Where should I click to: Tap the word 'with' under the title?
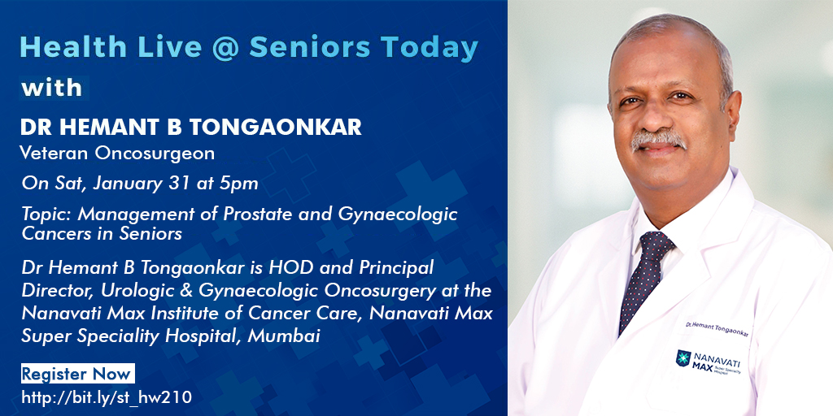click(x=51, y=87)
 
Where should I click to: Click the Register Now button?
click(x=76, y=375)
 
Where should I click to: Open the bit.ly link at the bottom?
click(x=106, y=396)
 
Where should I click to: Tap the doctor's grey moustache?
click(x=660, y=139)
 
